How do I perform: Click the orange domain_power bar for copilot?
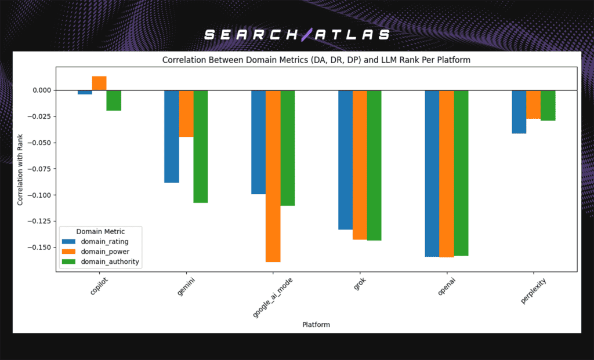click(x=99, y=83)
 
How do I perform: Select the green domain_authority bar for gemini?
click(x=201, y=146)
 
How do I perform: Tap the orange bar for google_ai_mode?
click(x=273, y=176)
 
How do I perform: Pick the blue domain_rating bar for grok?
click(x=345, y=159)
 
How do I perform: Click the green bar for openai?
click(x=461, y=173)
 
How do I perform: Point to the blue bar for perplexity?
click(x=519, y=112)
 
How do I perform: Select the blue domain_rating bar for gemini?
click(x=172, y=136)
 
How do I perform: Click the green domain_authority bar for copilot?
click(x=114, y=100)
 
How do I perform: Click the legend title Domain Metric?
click(x=100, y=231)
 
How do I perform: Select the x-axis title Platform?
click(x=316, y=325)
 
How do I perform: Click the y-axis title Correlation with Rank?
click(x=20, y=169)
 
